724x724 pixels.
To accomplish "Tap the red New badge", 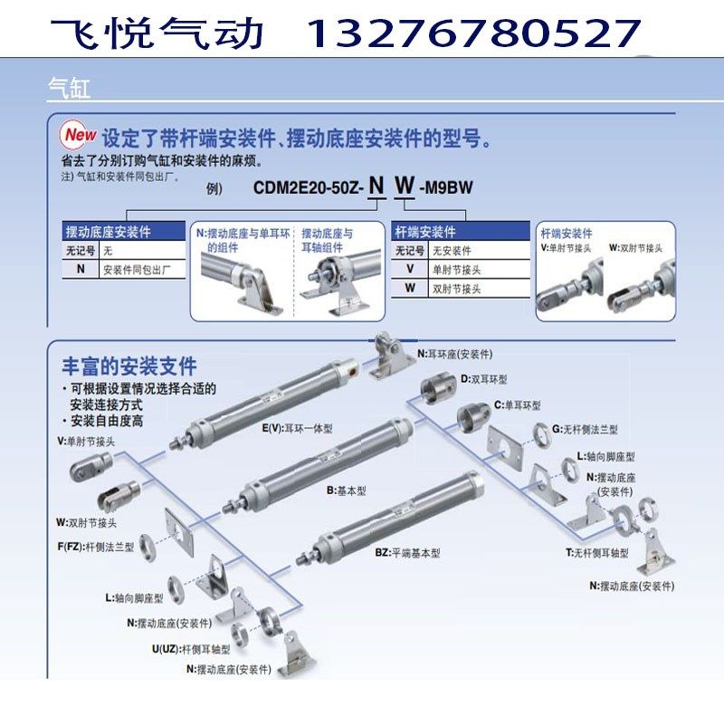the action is click(x=77, y=134).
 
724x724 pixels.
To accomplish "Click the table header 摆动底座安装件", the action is click(x=109, y=233).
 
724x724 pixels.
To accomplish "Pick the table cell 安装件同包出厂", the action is click(x=144, y=269).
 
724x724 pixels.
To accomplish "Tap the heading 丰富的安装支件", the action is click(x=129, y=366).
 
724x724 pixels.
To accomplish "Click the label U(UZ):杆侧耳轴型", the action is click(x=192, y=648).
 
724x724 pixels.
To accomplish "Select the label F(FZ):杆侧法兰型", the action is click(x=96, y=547).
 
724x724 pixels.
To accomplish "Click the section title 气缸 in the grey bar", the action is click(x=69, y=88).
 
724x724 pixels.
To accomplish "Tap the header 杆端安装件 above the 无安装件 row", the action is click(x=425, y=233).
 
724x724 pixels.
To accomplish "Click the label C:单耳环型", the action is click(x=517, y=405).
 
